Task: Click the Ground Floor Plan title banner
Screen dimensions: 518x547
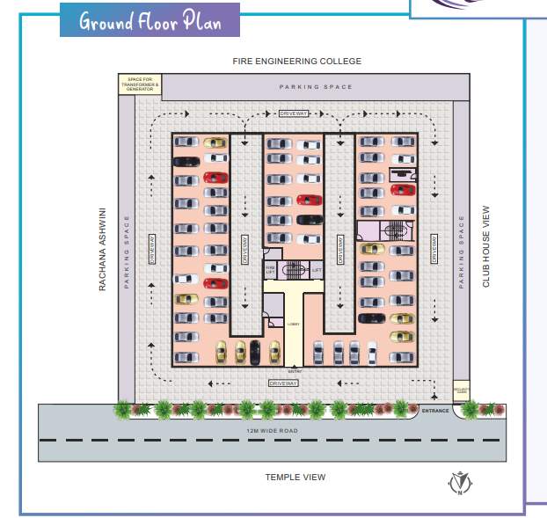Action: coord(150,20)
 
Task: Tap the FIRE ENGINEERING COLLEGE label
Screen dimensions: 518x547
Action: coord(296,62)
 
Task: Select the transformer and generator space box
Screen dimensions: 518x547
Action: coord(140,84)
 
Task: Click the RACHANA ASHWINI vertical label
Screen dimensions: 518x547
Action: coord(102,250)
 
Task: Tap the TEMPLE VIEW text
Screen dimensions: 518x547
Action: coord(295,477)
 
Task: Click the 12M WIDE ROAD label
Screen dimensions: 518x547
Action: coord(273,430)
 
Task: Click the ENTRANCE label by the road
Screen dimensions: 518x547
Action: coord(435,410)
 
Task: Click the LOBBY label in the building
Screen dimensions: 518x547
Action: coord(294,324)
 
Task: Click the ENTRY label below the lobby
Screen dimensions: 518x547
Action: coord(295,371)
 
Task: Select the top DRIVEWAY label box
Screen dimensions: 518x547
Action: coord(293,113)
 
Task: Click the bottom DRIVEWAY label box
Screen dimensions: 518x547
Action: coord(284,383)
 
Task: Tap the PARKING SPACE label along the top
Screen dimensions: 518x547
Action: coord(316,87)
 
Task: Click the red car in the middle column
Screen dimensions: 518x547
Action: coord(309,200)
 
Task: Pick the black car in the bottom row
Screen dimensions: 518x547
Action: coord(255,351)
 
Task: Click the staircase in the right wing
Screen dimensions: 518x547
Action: coord(395,231)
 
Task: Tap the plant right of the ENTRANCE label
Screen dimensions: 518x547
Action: coord(471,408)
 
